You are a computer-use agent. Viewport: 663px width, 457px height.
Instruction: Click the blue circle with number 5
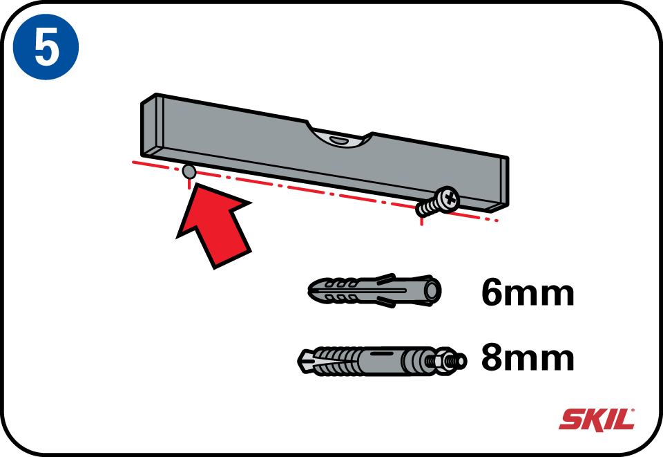(x=46, y=47)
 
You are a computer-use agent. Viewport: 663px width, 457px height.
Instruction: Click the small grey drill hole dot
(x=189, y=171)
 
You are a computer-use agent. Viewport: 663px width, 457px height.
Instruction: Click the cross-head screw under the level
(x=438, y=202)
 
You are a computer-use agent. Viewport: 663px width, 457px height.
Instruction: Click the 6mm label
(x=528, y=292)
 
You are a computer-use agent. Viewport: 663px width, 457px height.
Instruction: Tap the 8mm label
(x=528, y=357)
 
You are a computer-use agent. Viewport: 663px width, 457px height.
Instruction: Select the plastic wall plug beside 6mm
(x=374, y=290)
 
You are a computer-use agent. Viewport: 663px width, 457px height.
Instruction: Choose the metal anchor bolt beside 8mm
(x=382, y=362)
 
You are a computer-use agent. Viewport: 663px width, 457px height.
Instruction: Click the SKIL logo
(x=597, y=420)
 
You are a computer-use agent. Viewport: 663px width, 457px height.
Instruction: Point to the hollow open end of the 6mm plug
(x=433, y=290)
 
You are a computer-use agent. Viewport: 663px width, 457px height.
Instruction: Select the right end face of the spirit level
(x=505, y=183)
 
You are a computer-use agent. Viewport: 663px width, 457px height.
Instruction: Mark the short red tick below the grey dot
(x=189, y=184)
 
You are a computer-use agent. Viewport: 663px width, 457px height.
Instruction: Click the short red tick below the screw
(x=421, y=221)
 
